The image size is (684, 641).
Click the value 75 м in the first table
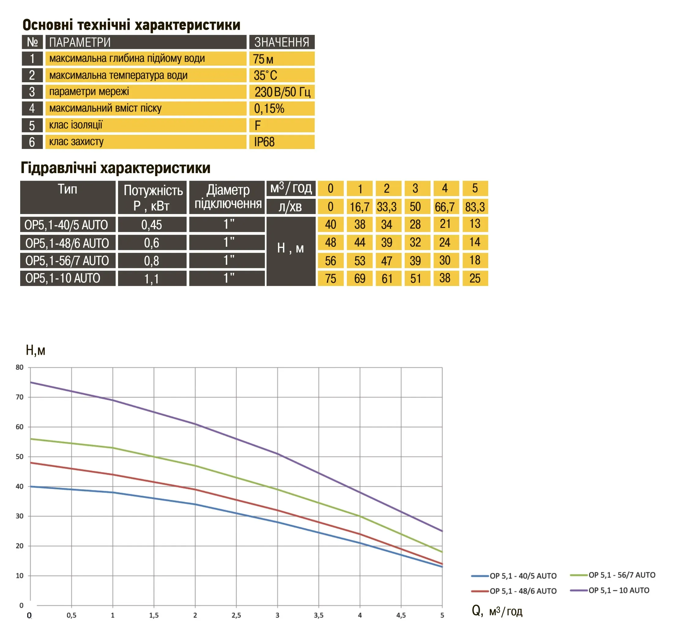point(263,59)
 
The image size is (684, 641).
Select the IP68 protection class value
point(264,142)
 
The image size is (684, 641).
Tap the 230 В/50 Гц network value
point(282,92)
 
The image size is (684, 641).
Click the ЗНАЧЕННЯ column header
point(281,42)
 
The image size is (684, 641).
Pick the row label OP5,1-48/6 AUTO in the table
point(67,243)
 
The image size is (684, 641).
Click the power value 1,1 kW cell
point(152,279)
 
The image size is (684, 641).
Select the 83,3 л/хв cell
point(475,207)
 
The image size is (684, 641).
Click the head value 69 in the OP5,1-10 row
point(360,279)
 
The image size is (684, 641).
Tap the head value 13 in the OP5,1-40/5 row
point(475,224)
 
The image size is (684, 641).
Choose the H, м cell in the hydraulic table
point(291,248)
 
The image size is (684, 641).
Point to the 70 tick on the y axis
point(20,397)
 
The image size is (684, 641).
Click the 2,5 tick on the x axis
point(236,615)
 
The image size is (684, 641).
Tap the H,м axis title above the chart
point(35,350)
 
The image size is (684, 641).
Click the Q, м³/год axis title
point(497,611)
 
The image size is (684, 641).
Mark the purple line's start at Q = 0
point(31,382)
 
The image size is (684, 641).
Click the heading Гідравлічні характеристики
point(116,168)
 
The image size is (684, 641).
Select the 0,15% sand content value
point(269,109)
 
